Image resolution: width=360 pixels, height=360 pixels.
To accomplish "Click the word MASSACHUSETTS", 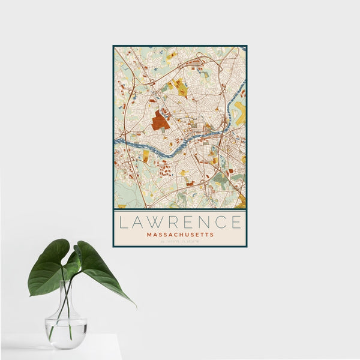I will tap(180, 235).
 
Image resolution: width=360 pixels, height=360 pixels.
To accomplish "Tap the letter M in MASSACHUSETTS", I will tap(149, 235).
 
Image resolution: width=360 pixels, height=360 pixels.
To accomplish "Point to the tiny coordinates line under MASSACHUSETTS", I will tap(180, 241).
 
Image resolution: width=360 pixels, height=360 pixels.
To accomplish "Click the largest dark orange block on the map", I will tap(160, 121).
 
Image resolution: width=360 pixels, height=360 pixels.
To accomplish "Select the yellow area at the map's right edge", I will tap(241, 113).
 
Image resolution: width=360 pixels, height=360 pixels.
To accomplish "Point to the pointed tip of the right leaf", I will tap(134, 306).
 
